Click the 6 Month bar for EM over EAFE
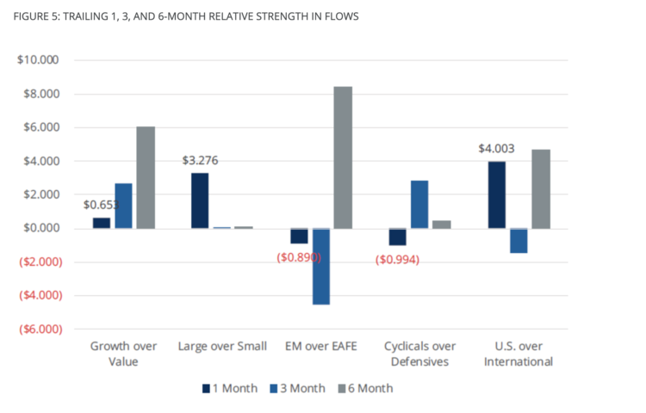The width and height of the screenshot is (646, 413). [343, 157]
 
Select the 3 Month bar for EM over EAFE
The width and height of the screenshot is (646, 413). [320, 266]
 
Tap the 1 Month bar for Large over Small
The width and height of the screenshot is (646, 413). [200, 200]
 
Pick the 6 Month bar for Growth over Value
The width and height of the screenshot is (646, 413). [146, 177]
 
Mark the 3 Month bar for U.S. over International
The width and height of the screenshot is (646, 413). [519, 240]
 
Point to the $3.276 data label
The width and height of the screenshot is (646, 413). [200, 160]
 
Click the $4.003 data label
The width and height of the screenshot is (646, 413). [497, 148]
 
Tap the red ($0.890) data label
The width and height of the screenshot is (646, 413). [299, 258]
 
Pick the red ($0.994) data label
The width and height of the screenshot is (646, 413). [397, 260]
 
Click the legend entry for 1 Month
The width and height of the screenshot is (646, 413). [230, 388]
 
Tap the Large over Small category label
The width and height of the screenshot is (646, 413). [222, 346]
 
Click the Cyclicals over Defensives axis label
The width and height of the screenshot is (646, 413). [419, 354]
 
